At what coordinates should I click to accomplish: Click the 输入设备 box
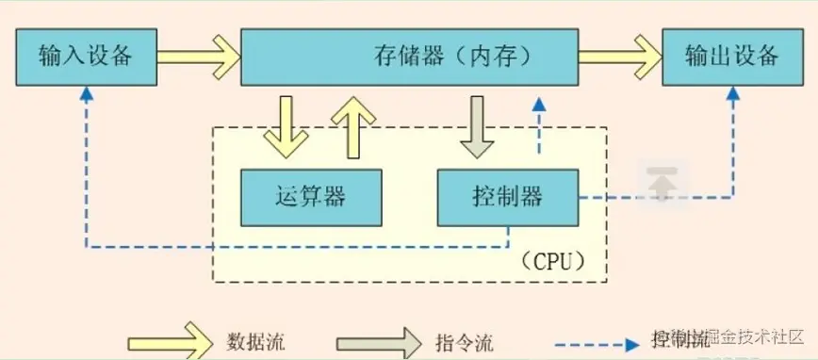84,56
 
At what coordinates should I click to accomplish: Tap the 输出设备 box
733,56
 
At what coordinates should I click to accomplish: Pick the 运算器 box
310,196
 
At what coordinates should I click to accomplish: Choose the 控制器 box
506,196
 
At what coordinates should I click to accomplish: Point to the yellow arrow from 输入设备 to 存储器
198,56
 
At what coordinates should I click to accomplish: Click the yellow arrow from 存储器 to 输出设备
619,56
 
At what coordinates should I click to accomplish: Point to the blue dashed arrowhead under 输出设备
734,94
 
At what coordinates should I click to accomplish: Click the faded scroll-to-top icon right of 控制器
664,182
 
